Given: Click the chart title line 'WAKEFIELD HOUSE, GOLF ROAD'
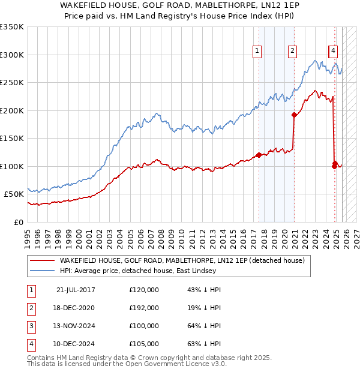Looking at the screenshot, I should (x=180, y=5).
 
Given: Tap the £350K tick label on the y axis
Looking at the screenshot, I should (x=12, y=27).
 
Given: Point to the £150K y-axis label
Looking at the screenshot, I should (x=12, y=138).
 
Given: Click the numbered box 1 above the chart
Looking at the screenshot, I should (x=257, y=52).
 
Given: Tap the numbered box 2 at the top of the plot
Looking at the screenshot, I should (x=292, y=52).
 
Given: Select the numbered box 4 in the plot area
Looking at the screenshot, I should (x=333, y=52).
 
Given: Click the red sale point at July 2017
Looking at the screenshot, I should (x=259, y=155).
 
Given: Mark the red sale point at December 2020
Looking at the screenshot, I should (x=294, y=115).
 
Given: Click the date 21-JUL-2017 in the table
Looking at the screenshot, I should (x=76, y=290).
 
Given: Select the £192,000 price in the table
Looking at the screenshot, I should (x=144, y=308).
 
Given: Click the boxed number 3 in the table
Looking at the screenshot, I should (x=30, y=326).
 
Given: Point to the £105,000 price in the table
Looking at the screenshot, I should (x=144, y=344).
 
